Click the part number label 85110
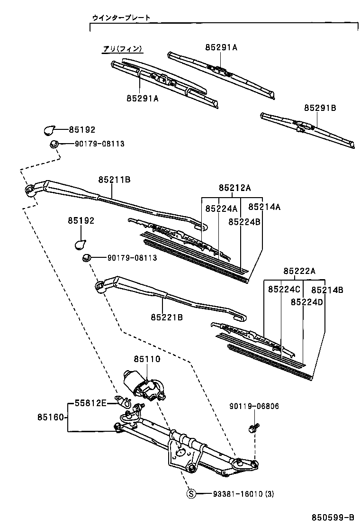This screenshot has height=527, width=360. tap(146, 360)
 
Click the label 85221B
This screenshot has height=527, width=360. tap(167, 317)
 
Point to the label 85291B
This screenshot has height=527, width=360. tap(320, 108)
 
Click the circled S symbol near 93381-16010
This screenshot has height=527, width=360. tap(191, 494)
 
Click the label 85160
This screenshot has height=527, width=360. tap(51, 418)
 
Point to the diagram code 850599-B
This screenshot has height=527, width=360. tap(333, 517)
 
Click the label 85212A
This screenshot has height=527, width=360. tap(234, 188)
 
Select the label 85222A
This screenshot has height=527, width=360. tap(299, 271)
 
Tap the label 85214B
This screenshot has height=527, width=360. tap(327, 289)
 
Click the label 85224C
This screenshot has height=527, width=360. tap(284, 289)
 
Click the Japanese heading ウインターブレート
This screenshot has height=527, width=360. tap(121, 18)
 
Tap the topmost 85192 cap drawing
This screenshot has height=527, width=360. tap(49, 129)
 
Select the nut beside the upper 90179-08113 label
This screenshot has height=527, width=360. tap(54, 144)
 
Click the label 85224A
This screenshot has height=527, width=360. tap(221, 208)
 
